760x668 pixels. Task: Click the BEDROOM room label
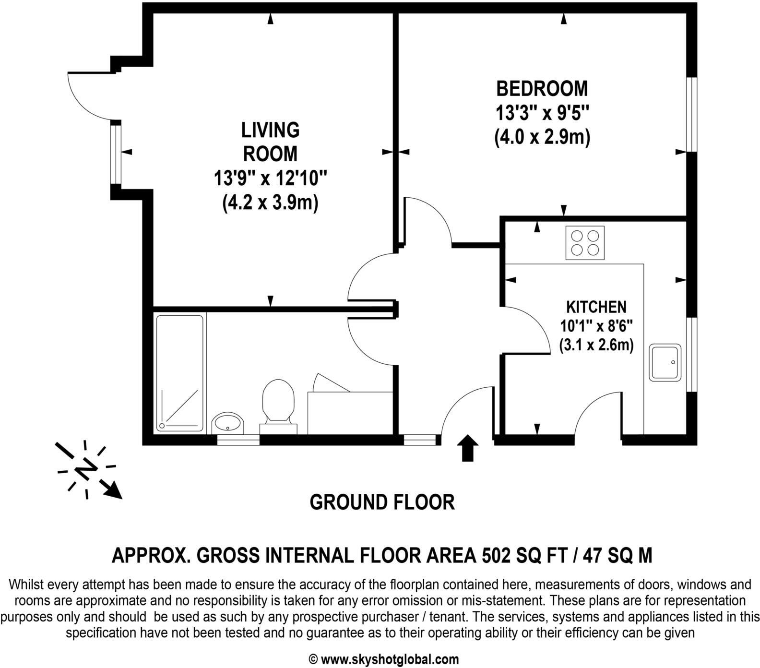pos(542,89)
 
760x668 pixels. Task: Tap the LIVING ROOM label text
pos(270,142)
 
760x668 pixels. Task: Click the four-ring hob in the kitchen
pos(585,243)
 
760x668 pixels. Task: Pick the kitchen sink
pos(665,363)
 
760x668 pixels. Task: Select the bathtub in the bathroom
pos(180,373)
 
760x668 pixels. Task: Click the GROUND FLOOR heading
pos(382,502)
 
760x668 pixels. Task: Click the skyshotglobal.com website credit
pos(389,659)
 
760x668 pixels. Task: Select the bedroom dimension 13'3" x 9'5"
pos(542,114)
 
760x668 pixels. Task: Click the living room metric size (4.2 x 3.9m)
pos(270,203)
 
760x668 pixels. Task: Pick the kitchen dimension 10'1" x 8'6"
pos(596,326)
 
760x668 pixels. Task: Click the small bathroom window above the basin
pos(238,440)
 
